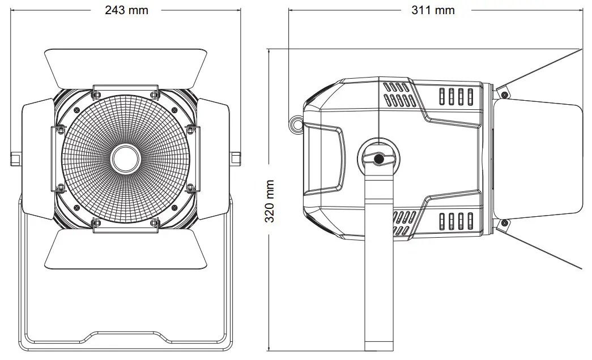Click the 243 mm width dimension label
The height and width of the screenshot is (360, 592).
click(126, 10)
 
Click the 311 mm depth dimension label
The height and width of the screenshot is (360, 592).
click(433, 10)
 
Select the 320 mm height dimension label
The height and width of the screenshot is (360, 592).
click(270, 201)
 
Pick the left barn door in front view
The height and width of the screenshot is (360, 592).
click(37, 158)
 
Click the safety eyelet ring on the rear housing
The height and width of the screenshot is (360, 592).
click(295, 124)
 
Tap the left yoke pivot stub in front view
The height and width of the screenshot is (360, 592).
click(15, 158)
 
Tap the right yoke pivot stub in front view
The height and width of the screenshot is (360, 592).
click(235, 158)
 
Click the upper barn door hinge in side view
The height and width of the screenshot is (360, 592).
click(502, 92)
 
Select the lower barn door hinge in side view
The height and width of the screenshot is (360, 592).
click(502, 225)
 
